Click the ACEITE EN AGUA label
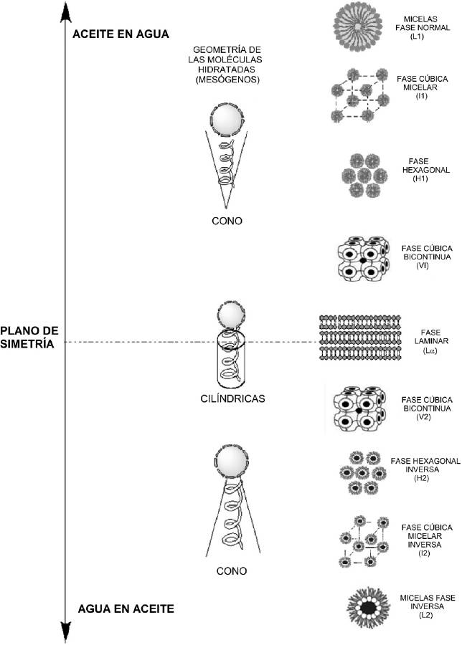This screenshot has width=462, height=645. pyautogui.click(x=120, y=34)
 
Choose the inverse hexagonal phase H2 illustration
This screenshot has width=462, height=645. pyautogui.click(x=362, y=473)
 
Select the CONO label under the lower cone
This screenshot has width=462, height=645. pyautogui.click(x=231, y=571)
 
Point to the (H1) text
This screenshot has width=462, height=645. pyautogui.click(x=421, y=178)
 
